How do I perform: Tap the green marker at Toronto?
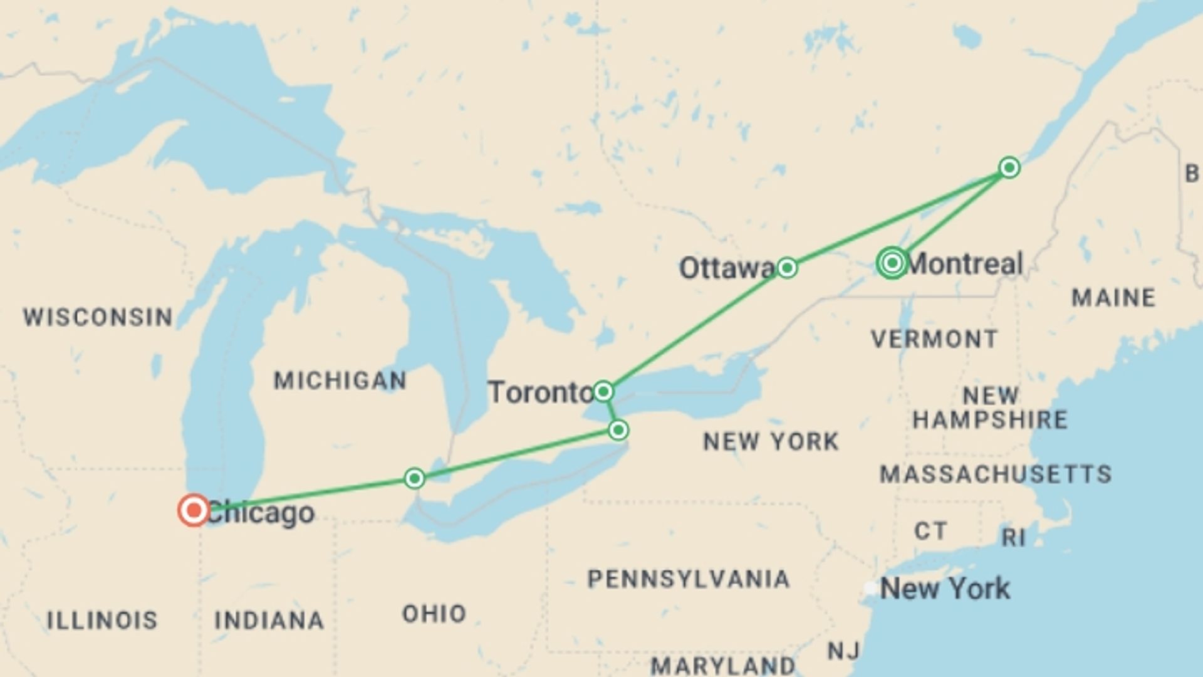coord(603,392)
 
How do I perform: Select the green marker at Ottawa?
coord(787,268)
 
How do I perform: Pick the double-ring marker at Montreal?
coord(892,263)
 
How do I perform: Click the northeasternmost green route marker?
coord(1009,167)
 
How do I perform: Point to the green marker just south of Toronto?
coord(618,430)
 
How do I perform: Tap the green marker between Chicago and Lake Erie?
coord(414,479)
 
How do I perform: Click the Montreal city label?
coord(965,264)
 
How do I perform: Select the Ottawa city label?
coord(727,268)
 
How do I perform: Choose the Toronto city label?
coord(540,393)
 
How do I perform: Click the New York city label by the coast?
coord(945,589)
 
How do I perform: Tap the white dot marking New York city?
coord(871,588)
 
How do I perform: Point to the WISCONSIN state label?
coord(98,317)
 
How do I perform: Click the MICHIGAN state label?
coord(340,380)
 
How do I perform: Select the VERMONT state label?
coord(934,339)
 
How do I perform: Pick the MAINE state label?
coord(1113,297)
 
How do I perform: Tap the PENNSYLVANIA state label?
coord(688,579)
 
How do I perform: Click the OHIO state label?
coord(434,613)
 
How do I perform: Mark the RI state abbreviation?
coord(1013,537)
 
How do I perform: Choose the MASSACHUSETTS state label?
coord(996,474)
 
